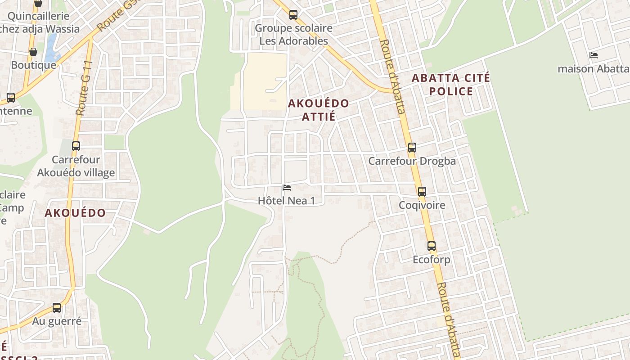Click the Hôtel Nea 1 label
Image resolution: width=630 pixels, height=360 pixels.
[286, 201]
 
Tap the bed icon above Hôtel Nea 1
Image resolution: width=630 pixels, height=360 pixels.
[286, 188]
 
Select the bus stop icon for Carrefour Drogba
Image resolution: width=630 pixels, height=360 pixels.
[412, 148]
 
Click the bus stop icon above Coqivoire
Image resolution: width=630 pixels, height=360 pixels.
[422, 192]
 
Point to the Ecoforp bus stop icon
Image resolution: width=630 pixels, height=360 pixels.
[432, 246]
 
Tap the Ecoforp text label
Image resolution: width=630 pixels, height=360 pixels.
[432, 260]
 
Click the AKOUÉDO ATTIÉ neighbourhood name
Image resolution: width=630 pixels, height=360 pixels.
[318, 110]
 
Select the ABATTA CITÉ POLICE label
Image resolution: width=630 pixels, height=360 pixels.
[451, 85]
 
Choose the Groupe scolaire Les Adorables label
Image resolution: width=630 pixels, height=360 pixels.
[293, 35]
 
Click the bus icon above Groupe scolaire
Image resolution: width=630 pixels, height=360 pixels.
[293, 15]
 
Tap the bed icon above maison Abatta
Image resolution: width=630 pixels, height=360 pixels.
[594, 55]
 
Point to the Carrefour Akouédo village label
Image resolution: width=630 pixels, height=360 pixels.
[76, 166]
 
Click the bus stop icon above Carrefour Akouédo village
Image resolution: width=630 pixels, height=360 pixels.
[76, 146]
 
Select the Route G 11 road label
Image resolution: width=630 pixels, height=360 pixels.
[84, 88]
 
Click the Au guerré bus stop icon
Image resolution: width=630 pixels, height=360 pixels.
[57, 308]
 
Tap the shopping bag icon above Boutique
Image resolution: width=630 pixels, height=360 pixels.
[33, 52]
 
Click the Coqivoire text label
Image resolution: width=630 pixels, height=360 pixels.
[422, 205]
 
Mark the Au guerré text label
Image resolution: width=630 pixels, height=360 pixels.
[57, 321]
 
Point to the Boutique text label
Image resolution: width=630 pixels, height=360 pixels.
[33, 65]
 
